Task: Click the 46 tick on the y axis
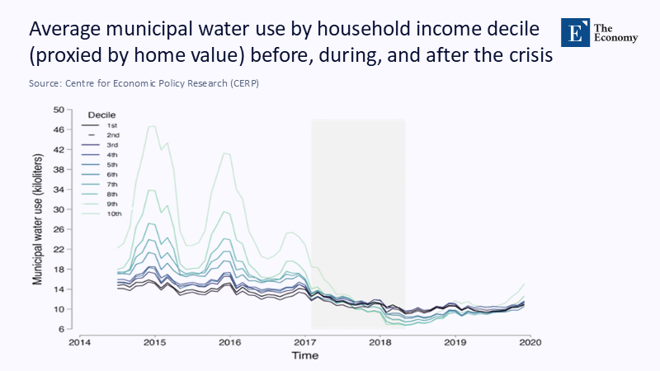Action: pos(59,129)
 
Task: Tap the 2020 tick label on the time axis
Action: pos(530,341)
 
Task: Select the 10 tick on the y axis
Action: pos(59,309)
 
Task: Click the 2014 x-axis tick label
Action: pos(79,341)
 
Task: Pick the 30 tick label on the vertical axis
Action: pos(59,209)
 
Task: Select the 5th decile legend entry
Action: pos(113,164)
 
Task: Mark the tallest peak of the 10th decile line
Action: pos(152,126)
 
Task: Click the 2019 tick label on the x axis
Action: pos(455,341)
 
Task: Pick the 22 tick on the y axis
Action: pos(59,249)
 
